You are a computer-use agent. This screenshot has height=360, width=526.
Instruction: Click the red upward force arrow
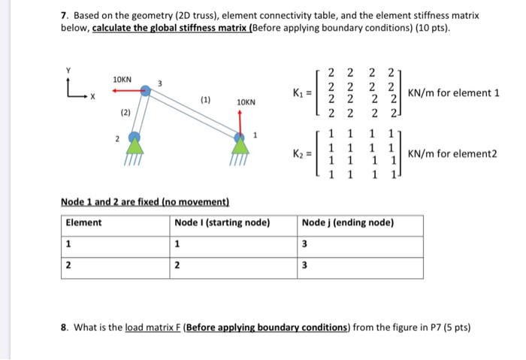click(x=240, y=121)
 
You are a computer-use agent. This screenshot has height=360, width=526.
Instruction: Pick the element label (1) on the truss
click(x=205, y=98)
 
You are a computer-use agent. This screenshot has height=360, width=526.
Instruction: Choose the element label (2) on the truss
click(x=125, y=113)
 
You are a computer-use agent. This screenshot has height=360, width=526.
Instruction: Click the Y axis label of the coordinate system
click(x=69, y=71)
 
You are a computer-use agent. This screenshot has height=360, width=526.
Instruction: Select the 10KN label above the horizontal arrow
click(x=122, y=79)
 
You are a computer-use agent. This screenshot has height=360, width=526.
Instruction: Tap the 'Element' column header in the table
click(x=84, y=222)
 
